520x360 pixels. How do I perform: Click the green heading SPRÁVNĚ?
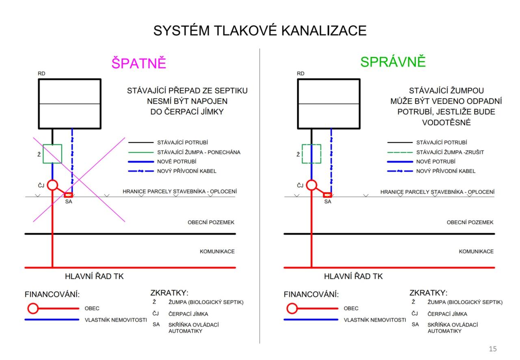[x=393, y=62]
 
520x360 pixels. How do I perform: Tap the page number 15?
[x=492, y=349]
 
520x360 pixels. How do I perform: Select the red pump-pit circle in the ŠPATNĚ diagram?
[x=52, y=185]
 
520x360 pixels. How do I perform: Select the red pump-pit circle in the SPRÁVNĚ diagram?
[x=312, y=185]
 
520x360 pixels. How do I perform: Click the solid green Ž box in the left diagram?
[x=52, y=154]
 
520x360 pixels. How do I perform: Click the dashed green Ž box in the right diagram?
[x=312, y=154]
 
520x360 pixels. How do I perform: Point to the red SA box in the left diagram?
[x=69, y=195]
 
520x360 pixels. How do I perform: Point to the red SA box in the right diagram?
[x=327, y=195]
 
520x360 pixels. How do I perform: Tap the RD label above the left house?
[x=41, y=74]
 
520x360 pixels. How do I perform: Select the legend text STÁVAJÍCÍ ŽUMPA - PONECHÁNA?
[x=199, y=152]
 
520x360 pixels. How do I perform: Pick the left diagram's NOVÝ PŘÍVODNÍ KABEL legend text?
[x=187, y=171]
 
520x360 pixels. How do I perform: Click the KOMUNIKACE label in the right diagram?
[x=476, y=252]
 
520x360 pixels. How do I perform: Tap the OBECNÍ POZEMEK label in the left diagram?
[x=211, y=222]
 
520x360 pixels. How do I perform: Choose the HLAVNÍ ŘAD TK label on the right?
[x=353, y=277]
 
